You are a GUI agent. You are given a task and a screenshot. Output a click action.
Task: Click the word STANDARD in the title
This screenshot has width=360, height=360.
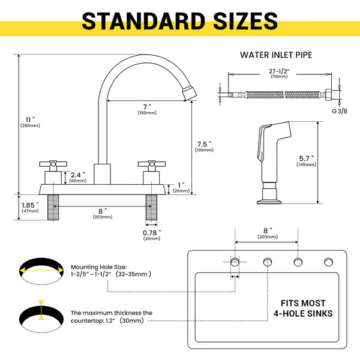coord(143,21)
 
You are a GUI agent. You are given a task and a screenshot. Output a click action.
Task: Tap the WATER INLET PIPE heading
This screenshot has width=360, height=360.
coord(276,55)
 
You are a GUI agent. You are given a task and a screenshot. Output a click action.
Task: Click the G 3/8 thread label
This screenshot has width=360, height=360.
coord(340,111)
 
